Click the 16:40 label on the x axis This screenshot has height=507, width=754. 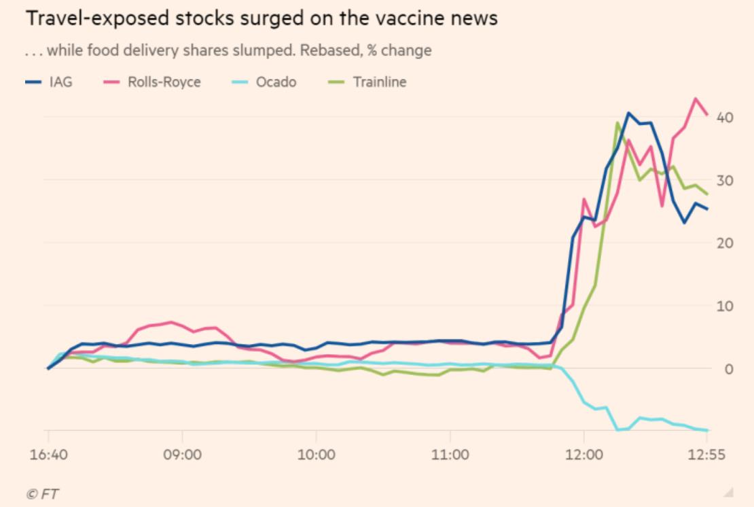point(48,455)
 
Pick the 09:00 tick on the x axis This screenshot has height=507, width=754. point(182,455)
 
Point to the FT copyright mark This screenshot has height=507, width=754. point(41,493)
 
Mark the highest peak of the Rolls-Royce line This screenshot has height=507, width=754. point(696,99)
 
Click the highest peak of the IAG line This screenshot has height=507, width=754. point(628,113)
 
